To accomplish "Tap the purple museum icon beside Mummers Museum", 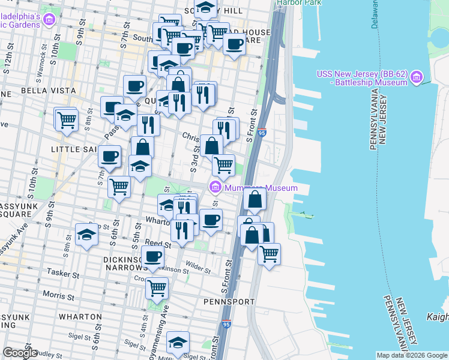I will pyautogui.click(x=215, y=188).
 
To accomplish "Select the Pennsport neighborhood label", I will pyautogui.click(x=224, y=301).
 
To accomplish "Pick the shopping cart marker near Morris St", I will pyautogui.click(x=157, y=288).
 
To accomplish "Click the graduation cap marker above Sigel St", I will pyautogui.click(x=178, y=342).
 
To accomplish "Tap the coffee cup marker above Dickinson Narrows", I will pyautogui.click(x=152, y=256).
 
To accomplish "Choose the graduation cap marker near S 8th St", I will pyautogui.click(x=86, y=234).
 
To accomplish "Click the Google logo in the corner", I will pyautogui.click(x=20, y=353).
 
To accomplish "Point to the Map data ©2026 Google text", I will pyautogui.click(x=412, y=355).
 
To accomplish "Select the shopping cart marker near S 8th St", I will pyautogui.click(x=66, y=119).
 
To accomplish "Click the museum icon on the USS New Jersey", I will pyautogui.click(x=417, y=77).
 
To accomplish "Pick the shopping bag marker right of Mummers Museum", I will pyautogui.click(x=255, y=199).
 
